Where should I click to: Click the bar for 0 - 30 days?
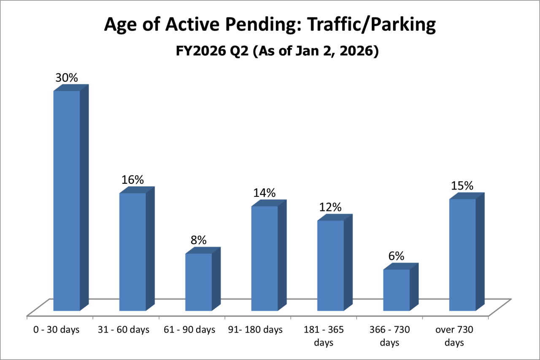coord(67,201)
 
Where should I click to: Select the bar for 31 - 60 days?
coord(132,252)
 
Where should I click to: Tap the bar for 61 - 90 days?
coord(199,282)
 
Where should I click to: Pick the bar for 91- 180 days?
coord(265,258)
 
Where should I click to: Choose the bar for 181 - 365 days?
coord(330,265)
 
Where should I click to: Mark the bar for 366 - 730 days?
coord(397,290)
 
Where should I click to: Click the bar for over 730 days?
coord(462,255)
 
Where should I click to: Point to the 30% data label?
coord(67,78)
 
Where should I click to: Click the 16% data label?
coord(132,180)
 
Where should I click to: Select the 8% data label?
coord(198,240)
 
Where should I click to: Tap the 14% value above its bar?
coord(265,193)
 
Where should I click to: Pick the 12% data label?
coord(330,207)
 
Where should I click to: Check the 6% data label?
coord(397,256)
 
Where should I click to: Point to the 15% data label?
coord(462,186)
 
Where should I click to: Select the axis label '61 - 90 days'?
coord(189,330)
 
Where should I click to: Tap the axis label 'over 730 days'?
coord(454,336)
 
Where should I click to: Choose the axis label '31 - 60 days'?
coord(123,330)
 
